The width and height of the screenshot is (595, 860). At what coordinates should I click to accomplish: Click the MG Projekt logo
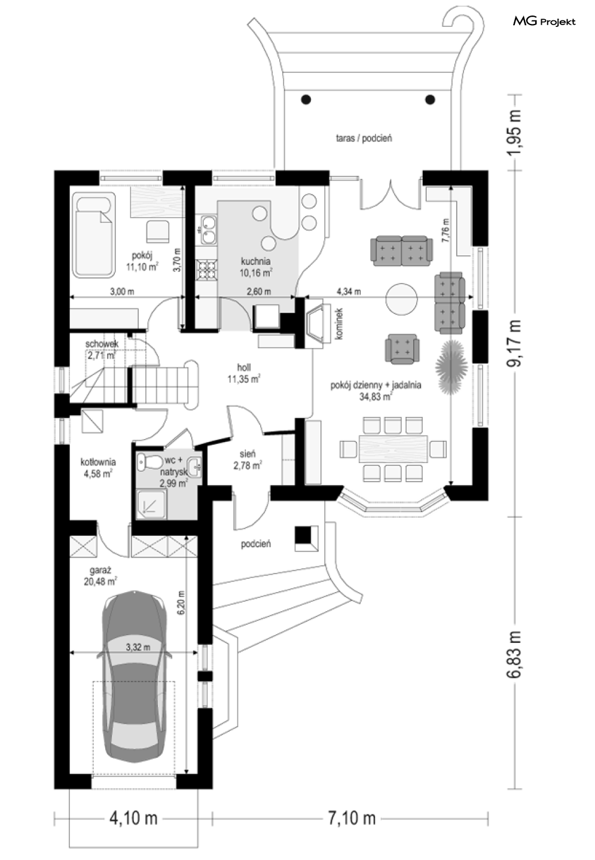(544, 22)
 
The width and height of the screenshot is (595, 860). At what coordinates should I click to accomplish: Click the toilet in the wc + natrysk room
(147, 462)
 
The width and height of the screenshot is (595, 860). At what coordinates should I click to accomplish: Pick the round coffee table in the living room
(401, 298)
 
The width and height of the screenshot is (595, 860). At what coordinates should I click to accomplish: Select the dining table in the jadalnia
(393, 449)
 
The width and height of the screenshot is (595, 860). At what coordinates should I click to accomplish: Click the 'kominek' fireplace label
(338, 324)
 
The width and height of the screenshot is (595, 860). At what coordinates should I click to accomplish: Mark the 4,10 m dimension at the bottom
(133, 817)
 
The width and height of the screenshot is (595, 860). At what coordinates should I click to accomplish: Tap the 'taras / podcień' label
(364, 138)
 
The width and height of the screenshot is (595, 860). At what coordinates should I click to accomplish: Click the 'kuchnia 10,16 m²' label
(256, 266)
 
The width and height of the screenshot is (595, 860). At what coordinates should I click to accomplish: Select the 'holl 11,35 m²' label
(243, 373)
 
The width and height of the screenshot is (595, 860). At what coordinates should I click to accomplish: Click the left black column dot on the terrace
(306, 99)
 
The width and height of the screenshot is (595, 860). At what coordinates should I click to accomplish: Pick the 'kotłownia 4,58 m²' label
(98, 468)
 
